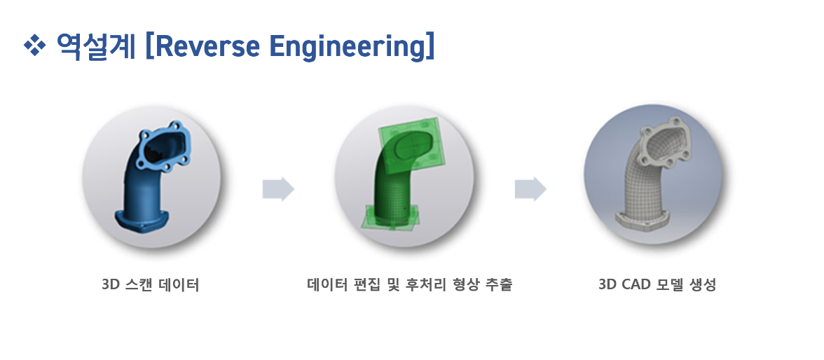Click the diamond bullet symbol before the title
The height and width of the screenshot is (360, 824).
coord(34,46)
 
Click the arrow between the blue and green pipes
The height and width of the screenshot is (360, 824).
coord(278,189)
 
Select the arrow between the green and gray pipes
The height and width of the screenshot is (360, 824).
coord(530,189)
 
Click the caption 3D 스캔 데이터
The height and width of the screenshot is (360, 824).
coord(151,285)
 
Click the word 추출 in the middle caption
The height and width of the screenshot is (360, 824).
coord(498,285)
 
